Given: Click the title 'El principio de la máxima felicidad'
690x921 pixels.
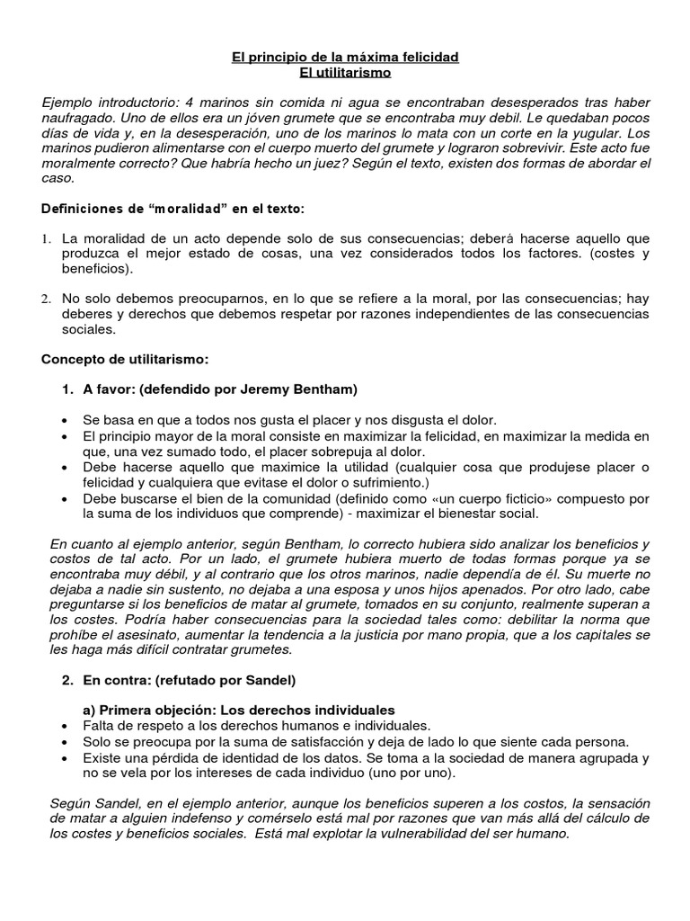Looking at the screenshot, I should click(345, 57).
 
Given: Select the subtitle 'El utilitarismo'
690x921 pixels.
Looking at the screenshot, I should click(345, 73).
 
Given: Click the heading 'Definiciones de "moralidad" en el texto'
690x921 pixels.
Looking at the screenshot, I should click(173, 210).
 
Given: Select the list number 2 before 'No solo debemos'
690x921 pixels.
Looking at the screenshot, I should click(47, 298).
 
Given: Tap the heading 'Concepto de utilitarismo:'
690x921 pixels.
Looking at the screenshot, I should click(125, 359).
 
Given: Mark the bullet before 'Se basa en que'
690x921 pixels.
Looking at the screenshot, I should click(66, 421).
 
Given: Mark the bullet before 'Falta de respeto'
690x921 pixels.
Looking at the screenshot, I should click(66, 726).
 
